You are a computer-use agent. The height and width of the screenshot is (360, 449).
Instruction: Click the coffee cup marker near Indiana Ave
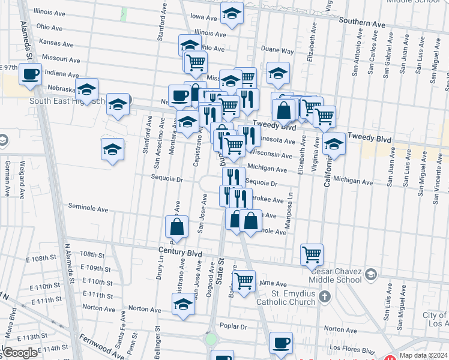29,75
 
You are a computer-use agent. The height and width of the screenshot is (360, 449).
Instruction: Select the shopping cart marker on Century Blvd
312,255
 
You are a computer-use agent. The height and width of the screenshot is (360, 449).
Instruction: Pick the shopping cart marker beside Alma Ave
244,281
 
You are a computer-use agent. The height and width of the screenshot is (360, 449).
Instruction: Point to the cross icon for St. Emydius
325,296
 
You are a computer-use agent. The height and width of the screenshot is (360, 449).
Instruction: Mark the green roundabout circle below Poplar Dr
211,338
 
